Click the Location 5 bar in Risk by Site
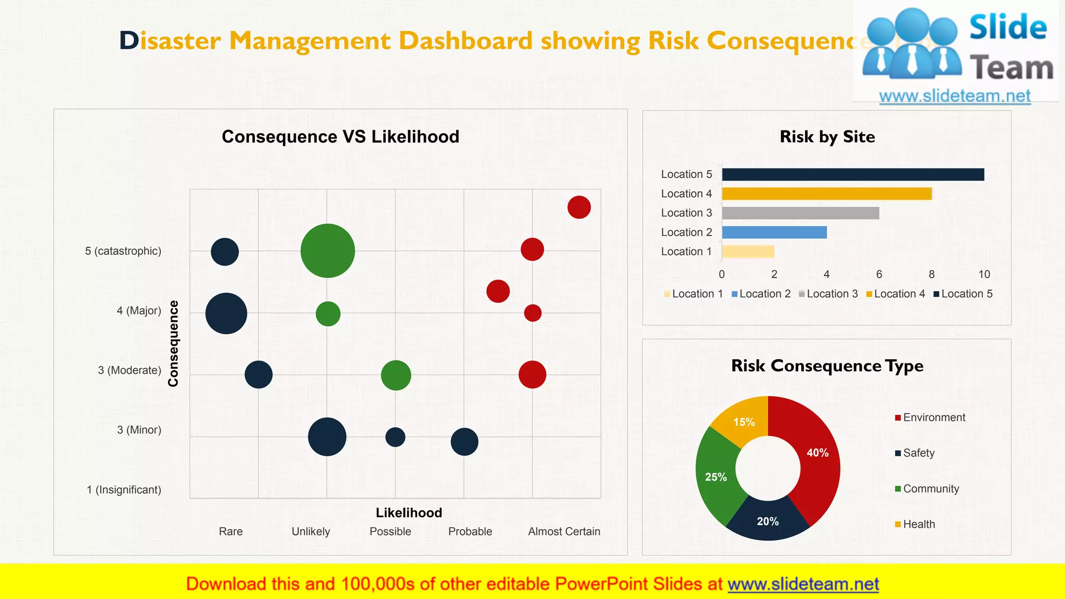pyautogui.click(x=853, y=175)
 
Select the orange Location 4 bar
pyautogui.click(x=827, y=194)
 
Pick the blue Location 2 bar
pyautogui.click(x=774, y=232)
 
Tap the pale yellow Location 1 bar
pyautogui.click(x=748, y=252)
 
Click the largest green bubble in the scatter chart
pyautogui.click(x=328, y=251)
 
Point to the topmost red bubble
pyautogui.click(x=579, y=207)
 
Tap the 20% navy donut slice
pyautogui.click(x=768, y=521)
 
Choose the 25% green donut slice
pyautogui.click(x=717, y=476)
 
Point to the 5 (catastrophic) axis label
pyautogui.click(x=123, y=251)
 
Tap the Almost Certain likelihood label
pyautogui.click(x=564, y=531)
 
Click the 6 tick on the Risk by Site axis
pyautogui.click(x=879, y=275)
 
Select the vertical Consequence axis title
pyautogui.click(x=173, y=343)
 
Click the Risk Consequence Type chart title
pyautogui.click(x=827, y=366)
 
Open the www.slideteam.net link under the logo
pyautogui.click(x=955, y=96)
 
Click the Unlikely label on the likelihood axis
pyautogui.click(x=310, y=531)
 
